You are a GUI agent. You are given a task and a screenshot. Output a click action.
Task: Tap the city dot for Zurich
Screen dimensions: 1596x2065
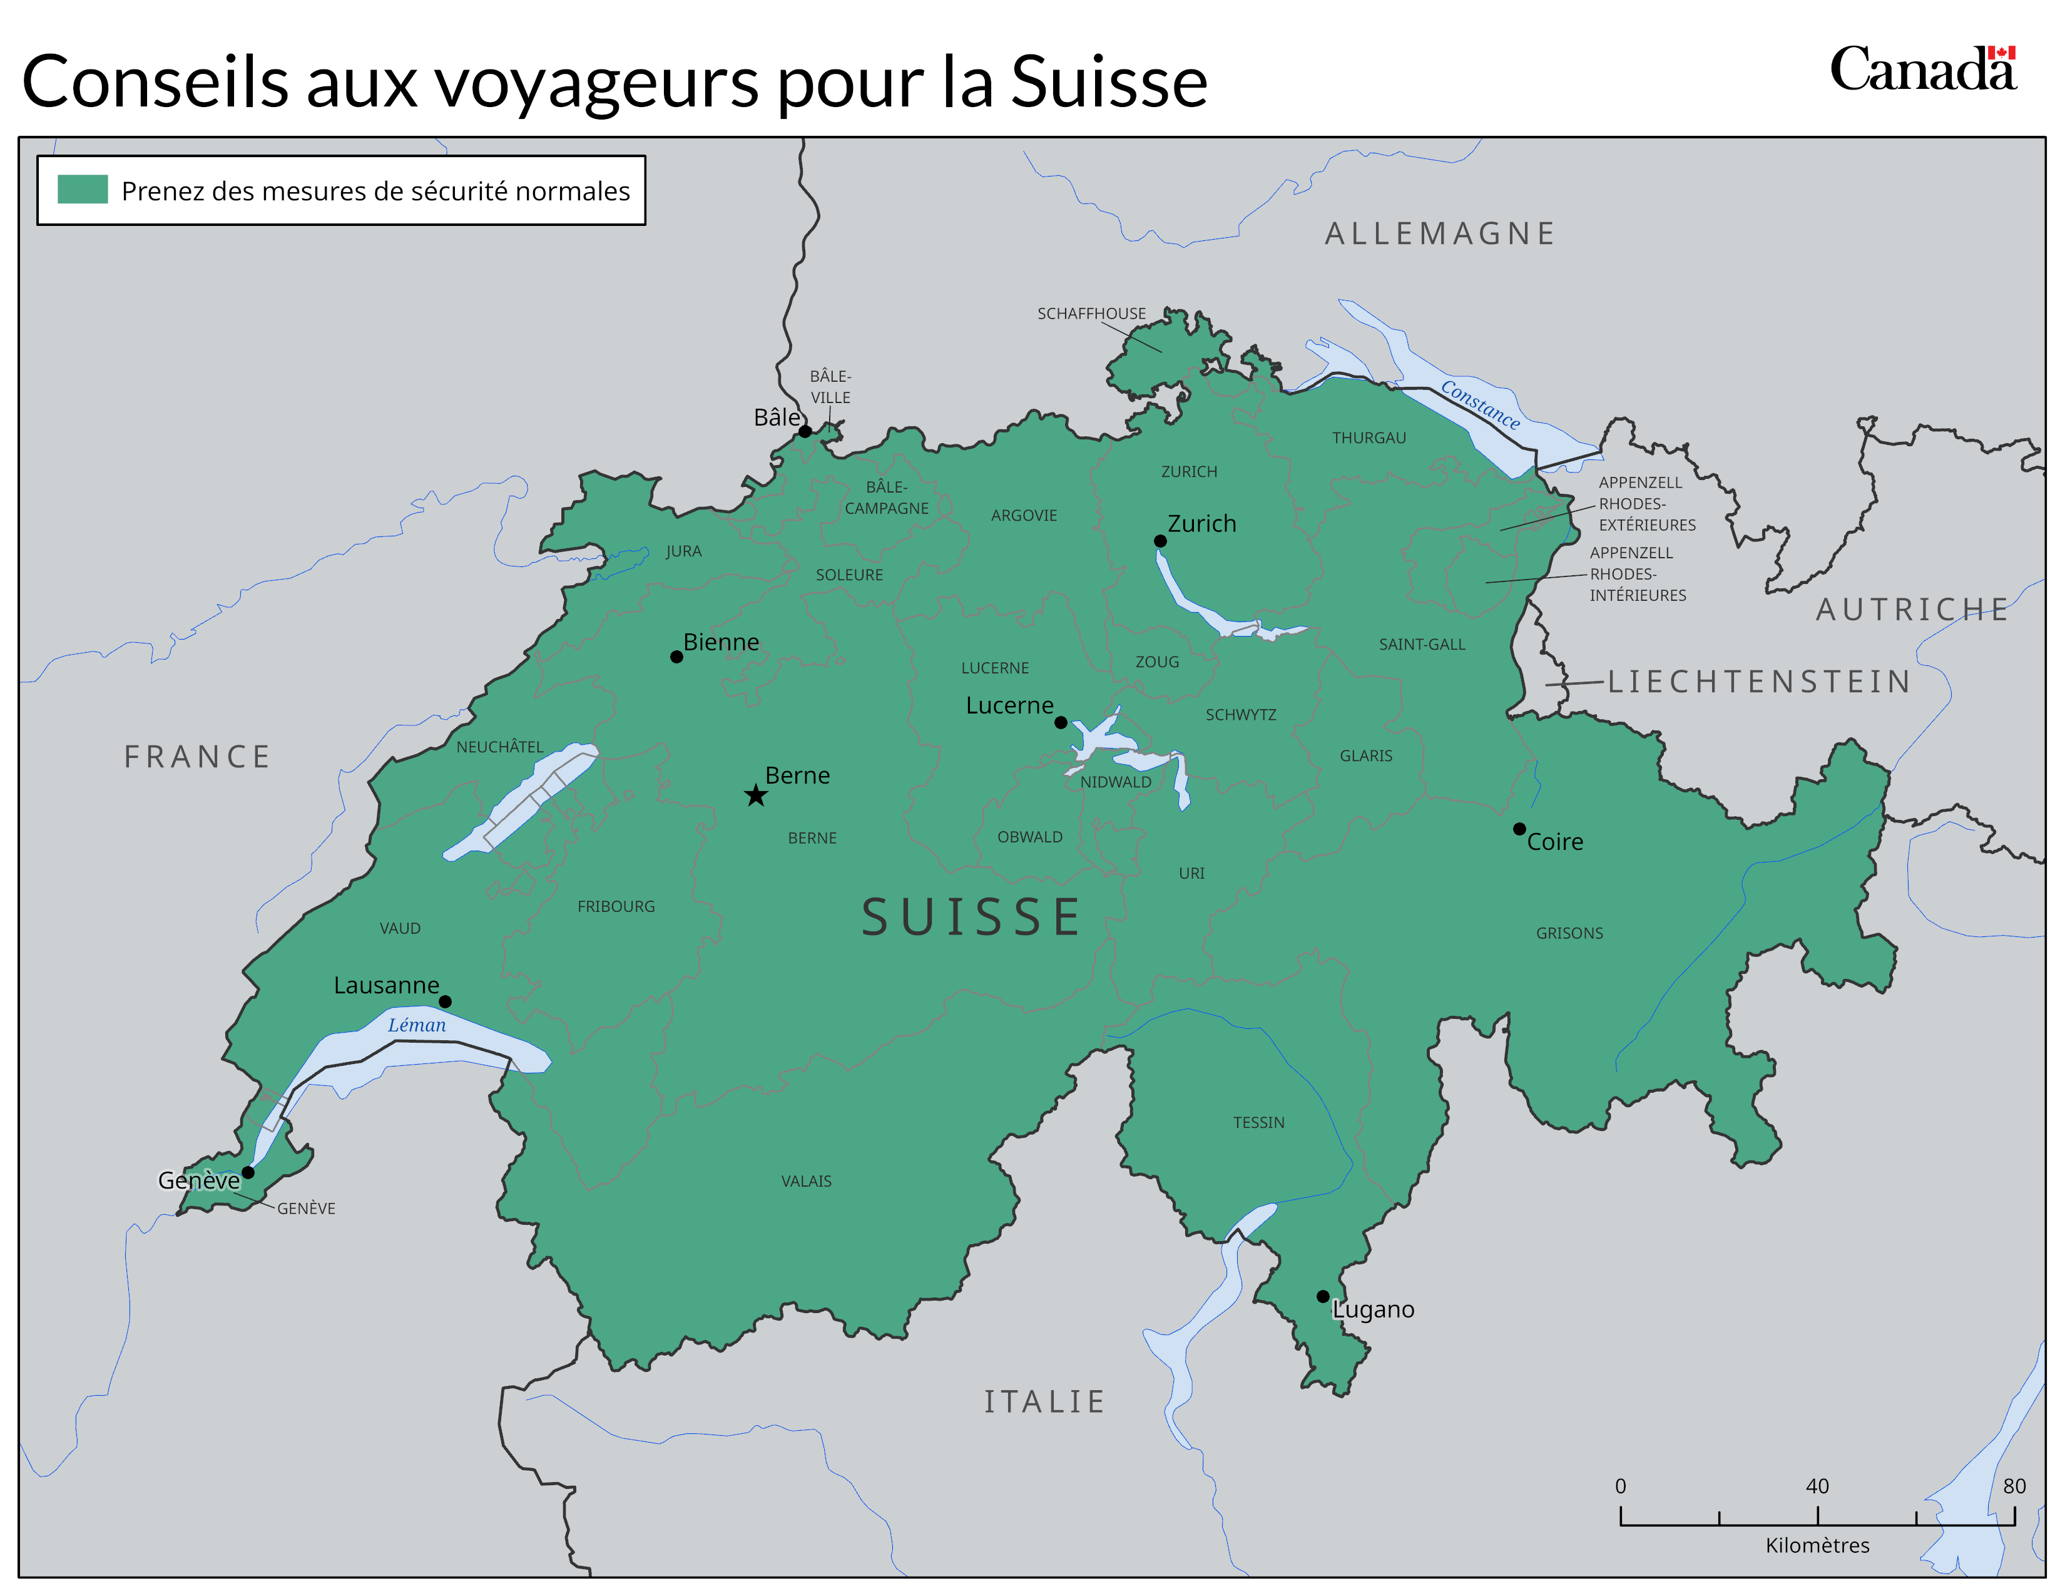pyautogui.click(x=1160, y=541)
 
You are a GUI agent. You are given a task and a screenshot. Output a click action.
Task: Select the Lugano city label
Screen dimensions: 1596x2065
pyautogui.click(x=1373, y=1309)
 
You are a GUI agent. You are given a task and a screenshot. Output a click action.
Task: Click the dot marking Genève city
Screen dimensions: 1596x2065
pyautogui.click(x=248, y=1172)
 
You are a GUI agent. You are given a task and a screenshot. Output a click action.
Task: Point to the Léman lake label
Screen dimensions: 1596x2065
pyautogui.click(x=416, y=1025)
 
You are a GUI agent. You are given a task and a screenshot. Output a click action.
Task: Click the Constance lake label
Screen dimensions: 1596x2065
pyautogui.click(x=1480, y=405)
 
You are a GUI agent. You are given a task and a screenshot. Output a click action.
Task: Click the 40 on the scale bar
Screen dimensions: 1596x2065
pyautogui.click(x=1817, y=1485)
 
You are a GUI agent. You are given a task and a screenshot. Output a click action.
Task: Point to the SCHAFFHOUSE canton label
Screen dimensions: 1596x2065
pyautogui.click(x=1091, y=313)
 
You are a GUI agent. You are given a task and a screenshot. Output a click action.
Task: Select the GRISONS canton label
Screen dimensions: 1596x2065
pyautogui.click(x=1569, y=933)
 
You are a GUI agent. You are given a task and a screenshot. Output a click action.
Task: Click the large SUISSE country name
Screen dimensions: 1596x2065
pyautogui.click(x=971, y=917)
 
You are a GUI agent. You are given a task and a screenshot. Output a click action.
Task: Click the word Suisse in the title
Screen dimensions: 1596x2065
pyautogui.click(x=1108, y=82)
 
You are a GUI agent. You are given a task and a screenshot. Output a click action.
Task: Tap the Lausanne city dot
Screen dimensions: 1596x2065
pyautogui.click(x=446, y=1001)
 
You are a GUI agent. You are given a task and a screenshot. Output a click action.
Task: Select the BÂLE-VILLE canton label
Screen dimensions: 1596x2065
pyautogui.click(x=830, y=387)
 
